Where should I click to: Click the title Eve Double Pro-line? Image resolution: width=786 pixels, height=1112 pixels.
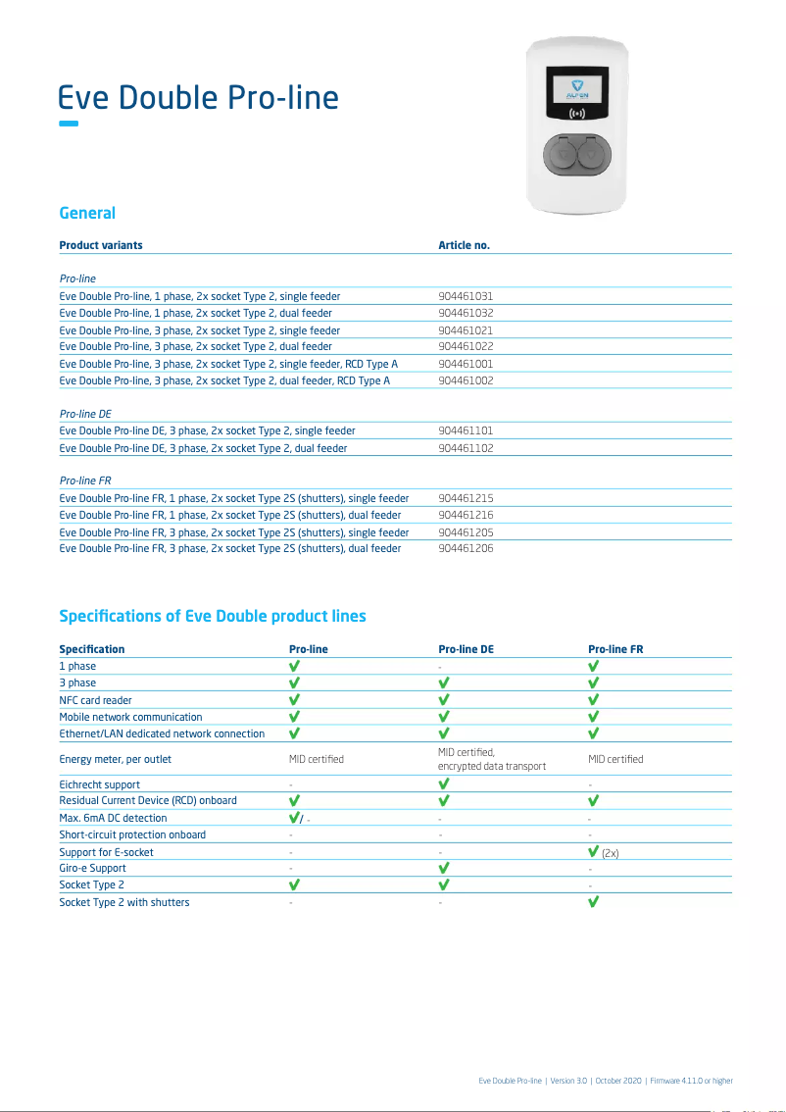[199, 98]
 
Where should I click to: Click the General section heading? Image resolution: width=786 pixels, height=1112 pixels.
[87, 213]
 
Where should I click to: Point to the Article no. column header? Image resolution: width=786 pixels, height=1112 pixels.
[464, 245]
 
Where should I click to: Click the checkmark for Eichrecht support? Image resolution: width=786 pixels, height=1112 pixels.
[444, 784]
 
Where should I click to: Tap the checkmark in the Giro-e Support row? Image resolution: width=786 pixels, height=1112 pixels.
[444, 868]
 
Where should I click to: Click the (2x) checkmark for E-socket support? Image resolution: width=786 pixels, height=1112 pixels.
[594, 852]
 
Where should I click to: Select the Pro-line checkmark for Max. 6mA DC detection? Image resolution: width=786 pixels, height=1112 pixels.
[294, 818]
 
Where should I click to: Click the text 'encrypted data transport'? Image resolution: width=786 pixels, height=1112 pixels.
[492, 767]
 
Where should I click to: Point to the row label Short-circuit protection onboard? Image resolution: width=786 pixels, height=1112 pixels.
[132, 834]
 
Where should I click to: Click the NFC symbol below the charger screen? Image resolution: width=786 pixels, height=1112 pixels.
[576, 115]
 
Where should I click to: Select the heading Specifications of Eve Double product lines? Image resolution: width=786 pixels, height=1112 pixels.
[213, 616]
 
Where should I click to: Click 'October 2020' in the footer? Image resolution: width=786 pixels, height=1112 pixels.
[618, 1081]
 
